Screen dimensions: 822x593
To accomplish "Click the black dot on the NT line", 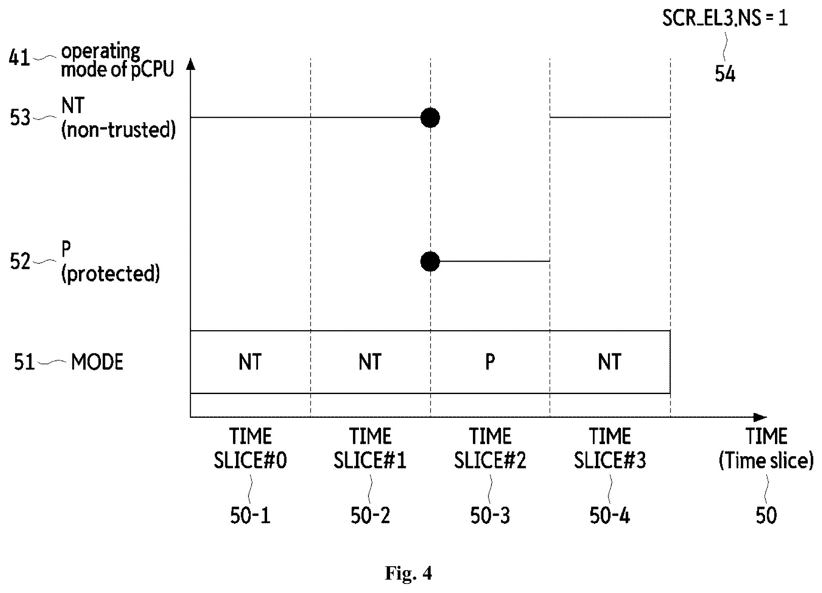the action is (430, 117).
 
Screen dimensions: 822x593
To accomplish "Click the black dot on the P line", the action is (430, 262).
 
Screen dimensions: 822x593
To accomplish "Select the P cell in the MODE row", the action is (490, 362).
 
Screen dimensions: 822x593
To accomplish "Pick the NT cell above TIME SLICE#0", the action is (250, 362).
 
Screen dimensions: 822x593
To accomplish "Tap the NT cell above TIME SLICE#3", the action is (610, 362).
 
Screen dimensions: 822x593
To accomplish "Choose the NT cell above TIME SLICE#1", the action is (370, 362).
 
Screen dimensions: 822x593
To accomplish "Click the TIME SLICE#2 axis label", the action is (490, 448).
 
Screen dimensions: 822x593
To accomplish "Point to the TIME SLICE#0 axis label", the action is (250, 448).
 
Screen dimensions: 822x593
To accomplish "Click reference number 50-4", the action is (610, 515).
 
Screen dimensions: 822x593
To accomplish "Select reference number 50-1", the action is (250, 515).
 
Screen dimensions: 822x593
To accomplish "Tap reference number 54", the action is (725, 74).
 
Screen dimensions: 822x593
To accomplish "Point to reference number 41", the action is (20, 57).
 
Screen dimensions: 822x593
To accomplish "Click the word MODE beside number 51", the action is (97, 362).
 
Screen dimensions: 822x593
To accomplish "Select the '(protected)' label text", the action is (110, 274).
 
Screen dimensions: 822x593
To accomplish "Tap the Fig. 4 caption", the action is (408, 573).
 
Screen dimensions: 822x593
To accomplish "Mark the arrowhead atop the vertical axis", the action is (191, 63).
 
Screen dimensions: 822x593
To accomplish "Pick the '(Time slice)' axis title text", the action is (766, 461).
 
